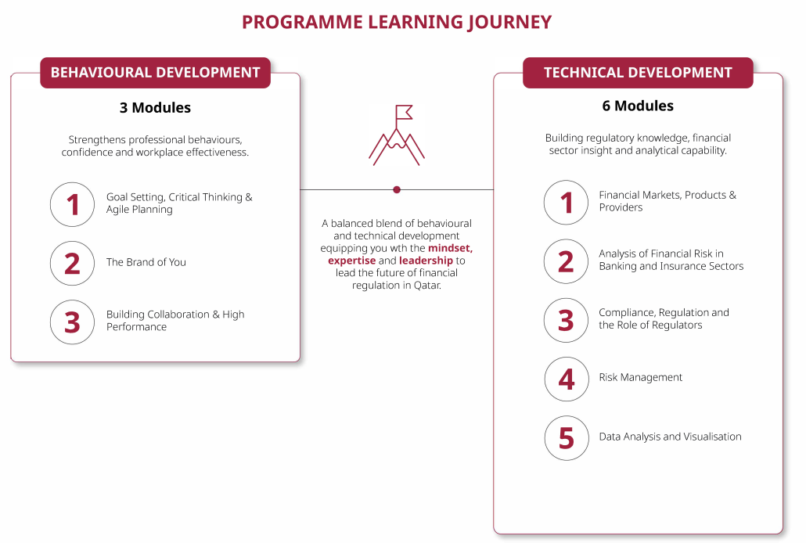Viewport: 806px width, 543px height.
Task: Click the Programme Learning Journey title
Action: [x=396, y=22]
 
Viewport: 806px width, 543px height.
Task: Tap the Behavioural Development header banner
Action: [x=155, y=73]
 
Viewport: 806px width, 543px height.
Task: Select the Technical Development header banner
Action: [x=638, y=73]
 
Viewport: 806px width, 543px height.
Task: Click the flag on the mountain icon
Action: [x=404, y=112]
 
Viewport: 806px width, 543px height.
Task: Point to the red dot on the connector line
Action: [x=396, y=190]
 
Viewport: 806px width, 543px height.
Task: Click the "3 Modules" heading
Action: [x=155, y=107]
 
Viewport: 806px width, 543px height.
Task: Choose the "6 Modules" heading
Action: [x=638, y=106]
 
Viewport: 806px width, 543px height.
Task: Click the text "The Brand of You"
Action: [x=146, y=262]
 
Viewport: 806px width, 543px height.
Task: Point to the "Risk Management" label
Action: [x=640, y=377]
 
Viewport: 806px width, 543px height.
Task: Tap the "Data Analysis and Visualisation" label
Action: [x=671, y=437]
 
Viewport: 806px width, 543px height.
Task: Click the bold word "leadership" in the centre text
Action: [x=426, y=261]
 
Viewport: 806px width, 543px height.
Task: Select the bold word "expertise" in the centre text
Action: [x=352, y=261]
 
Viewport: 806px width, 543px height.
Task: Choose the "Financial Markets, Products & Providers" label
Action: [x=667, y=201]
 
